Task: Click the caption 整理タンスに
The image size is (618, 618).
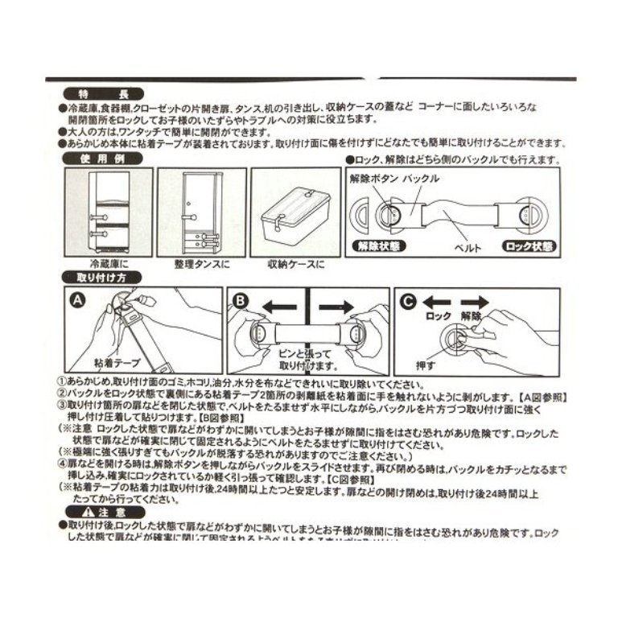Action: [197, 264]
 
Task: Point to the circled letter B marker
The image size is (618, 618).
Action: [241, 299]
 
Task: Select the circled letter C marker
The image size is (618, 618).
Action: [409, 300]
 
